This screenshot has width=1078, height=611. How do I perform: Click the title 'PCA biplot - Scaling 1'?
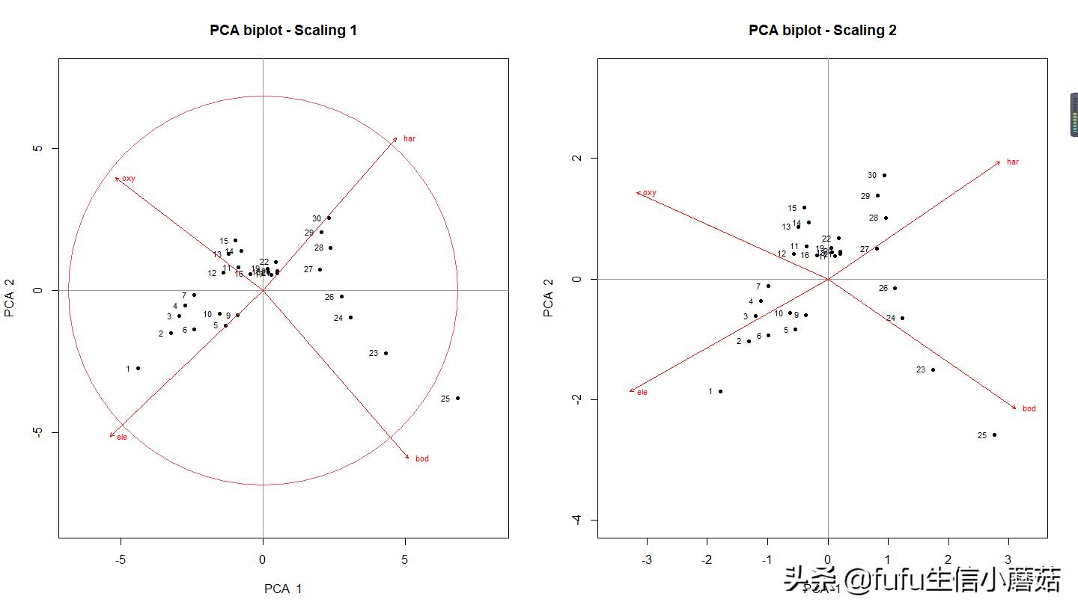(283, 31)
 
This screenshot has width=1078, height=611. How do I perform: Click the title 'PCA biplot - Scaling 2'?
(822, 31)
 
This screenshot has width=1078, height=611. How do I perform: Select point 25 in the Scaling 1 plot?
(457, 398)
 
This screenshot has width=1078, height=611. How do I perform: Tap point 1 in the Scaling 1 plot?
(138, 368)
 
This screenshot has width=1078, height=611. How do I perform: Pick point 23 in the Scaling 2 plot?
(933, 369)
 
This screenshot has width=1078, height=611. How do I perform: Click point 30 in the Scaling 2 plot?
(884, 175)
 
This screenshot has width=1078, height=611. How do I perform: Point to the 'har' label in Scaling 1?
(409, 138)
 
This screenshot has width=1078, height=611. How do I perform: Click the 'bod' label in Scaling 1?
(421, 458)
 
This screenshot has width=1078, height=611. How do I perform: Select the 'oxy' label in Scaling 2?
(649, 193)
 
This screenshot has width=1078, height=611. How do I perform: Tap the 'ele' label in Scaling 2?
(642, 392)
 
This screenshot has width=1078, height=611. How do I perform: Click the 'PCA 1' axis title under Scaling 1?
(283, 589)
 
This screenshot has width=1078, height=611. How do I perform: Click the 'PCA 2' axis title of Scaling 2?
(549, 298)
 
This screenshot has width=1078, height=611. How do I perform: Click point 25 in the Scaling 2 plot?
(994, 435)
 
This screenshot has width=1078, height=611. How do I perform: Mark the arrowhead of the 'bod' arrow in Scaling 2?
(1016, 408)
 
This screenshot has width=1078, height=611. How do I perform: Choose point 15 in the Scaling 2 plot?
(804, 207)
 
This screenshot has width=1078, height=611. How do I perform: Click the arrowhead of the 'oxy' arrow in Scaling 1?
(116, 178)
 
